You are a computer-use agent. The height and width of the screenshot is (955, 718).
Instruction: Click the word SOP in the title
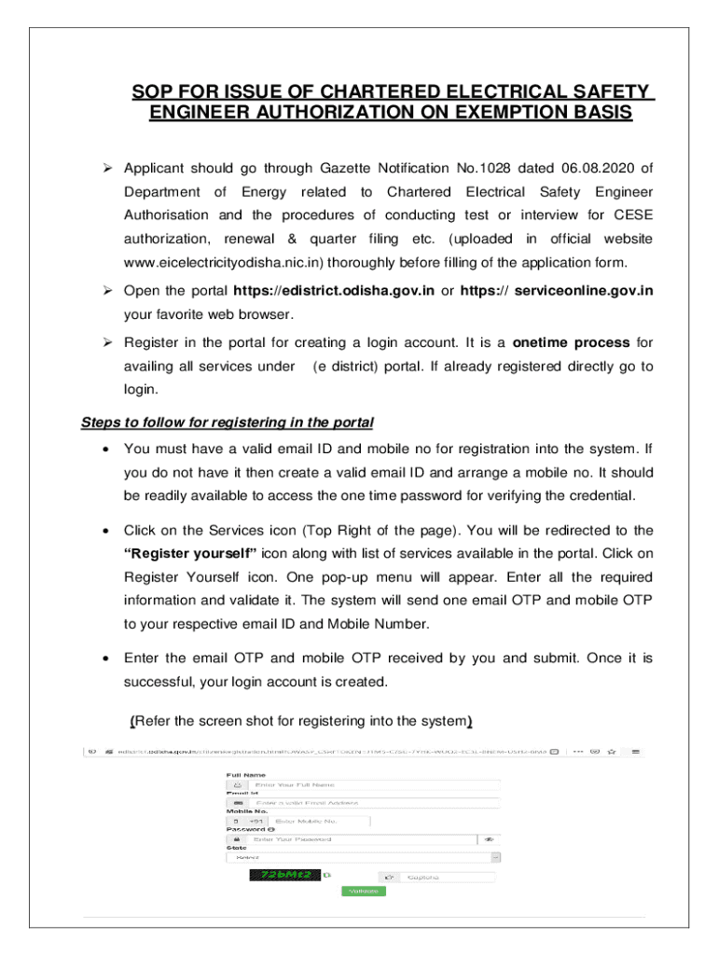[x=152, y=91]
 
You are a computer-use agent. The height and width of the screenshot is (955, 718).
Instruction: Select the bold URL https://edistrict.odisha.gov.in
[x=334, y=290]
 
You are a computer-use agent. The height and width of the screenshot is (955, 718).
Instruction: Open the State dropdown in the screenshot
[x=364, y=857]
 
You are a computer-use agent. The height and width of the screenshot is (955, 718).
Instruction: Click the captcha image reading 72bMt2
[x=283, y=875]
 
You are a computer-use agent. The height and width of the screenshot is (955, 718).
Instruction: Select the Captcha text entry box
[x=448, y=877]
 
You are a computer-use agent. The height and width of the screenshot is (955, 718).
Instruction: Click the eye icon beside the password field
[x=489, y=839]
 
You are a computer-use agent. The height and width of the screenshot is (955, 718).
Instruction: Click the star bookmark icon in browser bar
[x=612, y=750]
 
